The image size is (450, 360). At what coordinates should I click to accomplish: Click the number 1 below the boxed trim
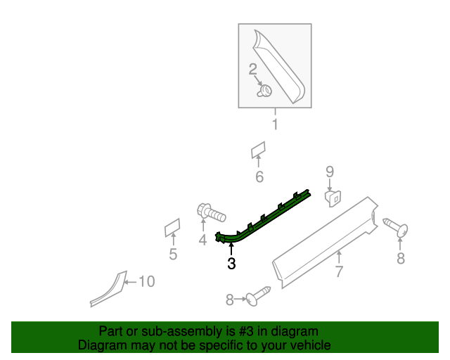(x=275, y=125)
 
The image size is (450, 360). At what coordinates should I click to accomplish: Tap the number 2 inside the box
(x=253, y=69)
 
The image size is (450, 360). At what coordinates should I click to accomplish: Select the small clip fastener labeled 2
(x=266, y=91)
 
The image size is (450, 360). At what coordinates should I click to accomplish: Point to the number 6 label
(x=259, y=177)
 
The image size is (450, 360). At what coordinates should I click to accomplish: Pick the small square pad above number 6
(x=258, y=150)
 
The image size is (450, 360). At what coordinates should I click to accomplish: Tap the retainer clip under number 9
(x=333, y=197)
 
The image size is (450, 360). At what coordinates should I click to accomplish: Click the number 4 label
(x=202, y=240)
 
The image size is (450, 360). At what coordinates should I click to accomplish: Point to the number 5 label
(x=172, y=255)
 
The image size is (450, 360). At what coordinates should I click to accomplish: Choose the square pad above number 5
(x=172, y=228)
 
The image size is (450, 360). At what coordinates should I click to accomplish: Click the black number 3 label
(x=231, y=264)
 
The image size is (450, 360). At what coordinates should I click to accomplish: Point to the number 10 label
(x=146, y=282)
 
